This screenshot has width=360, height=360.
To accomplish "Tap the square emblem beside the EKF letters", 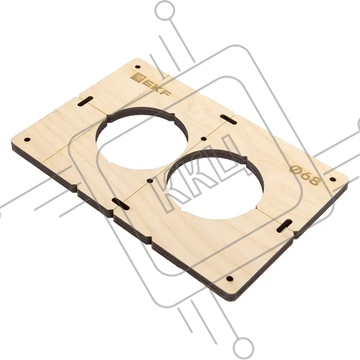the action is pyautogui.click(x=136, y=76).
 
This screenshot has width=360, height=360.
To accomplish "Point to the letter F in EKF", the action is pyautogui.click(x=166, y=93).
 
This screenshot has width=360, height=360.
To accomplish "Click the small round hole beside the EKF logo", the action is pyautogui.click(x=138, y=67).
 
